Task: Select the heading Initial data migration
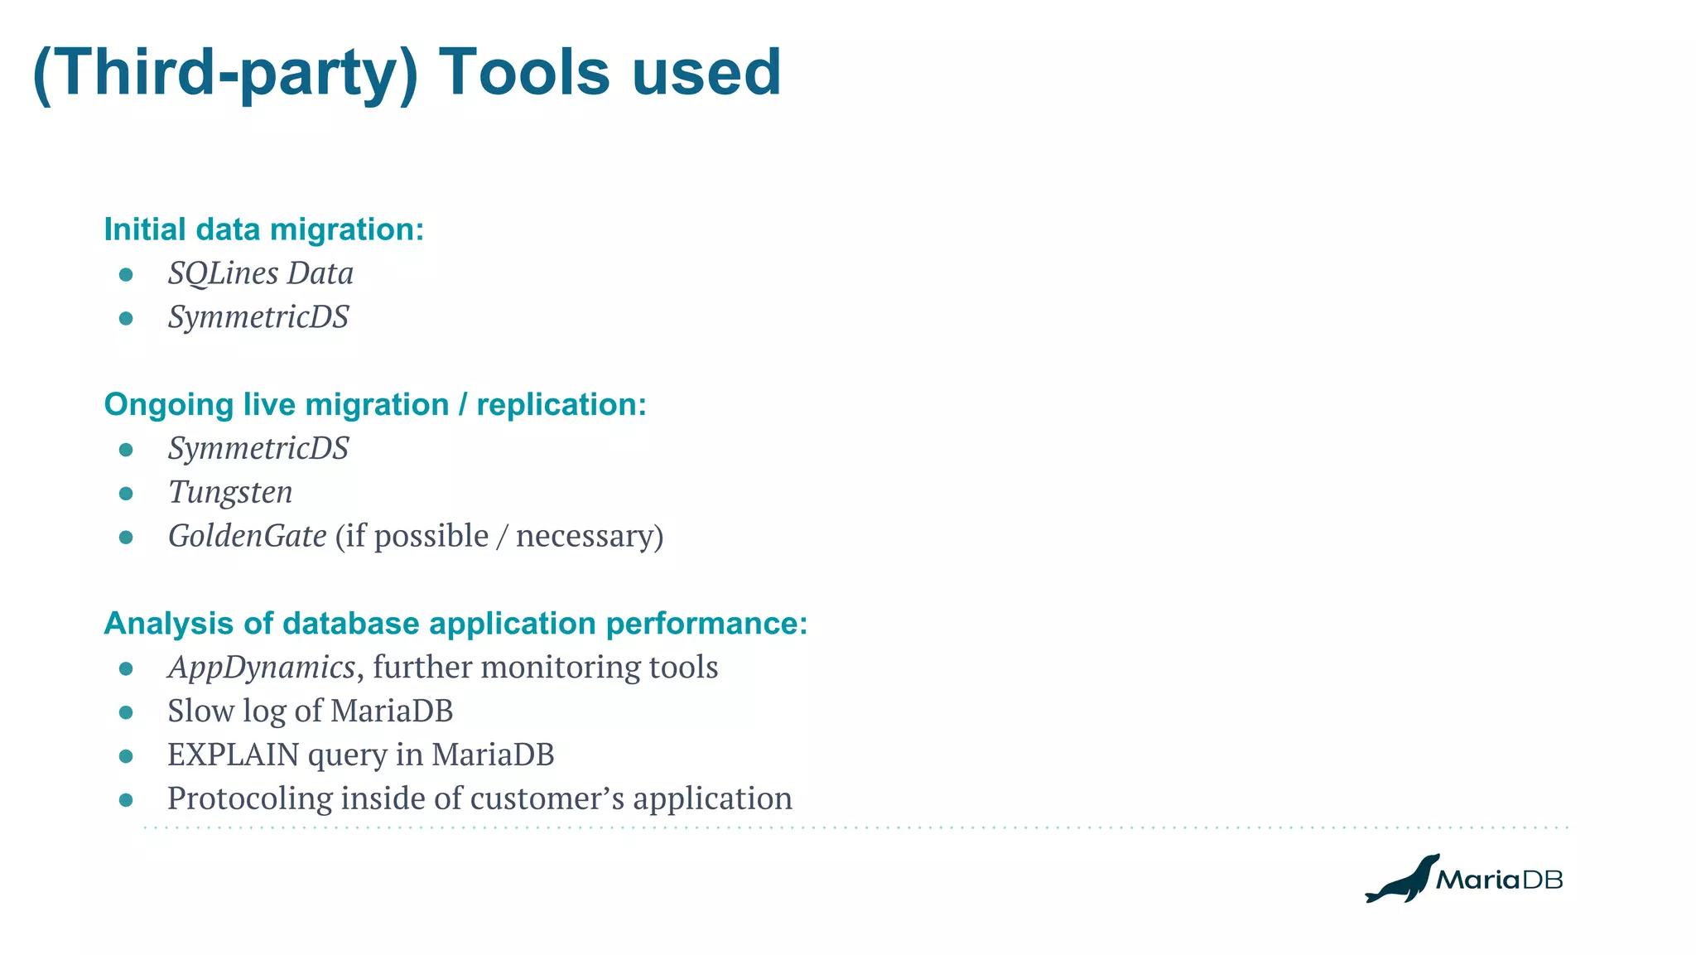click(x=263, y=229)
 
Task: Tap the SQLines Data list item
click(x=260, y=273)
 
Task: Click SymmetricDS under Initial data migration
click(x=258, y=317)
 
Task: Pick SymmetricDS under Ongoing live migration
click(x=258, y=449)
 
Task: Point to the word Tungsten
click(x=230, y=493)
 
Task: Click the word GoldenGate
click(x=248, y=536)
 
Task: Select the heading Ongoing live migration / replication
click(x=374, y=404)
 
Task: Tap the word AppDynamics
click(x=261, y=667)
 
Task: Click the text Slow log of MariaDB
click(x=310, y=711)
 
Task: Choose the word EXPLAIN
click(x=233, y=755)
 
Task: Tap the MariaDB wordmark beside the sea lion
click(x=1499, y=880)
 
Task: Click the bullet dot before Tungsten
click(x=126, y=494)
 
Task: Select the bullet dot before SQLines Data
click(x=126, y=274)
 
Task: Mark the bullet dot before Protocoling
click(x=126, y=799)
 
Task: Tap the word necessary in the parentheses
click(x=584, y=536)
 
